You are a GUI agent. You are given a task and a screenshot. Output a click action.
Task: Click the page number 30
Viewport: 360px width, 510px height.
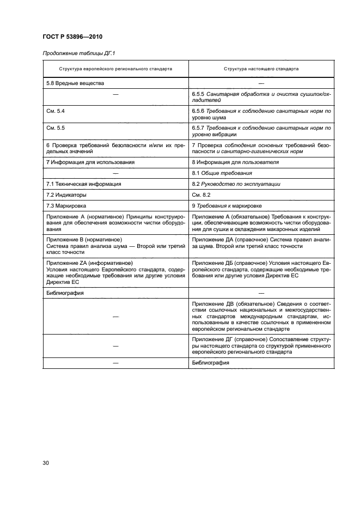[46, 463]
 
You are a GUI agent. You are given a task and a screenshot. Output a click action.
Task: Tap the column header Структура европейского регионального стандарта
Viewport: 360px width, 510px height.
[115, 69]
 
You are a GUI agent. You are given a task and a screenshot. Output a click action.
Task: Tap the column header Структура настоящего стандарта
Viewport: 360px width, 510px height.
[261, 69]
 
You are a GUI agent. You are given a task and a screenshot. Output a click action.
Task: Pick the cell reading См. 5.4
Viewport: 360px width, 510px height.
[56, 111]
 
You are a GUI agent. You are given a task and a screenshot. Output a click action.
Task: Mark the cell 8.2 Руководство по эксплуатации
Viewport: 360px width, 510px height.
[236, 184]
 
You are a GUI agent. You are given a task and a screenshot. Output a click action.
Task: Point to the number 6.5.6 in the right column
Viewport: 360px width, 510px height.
[199, 111]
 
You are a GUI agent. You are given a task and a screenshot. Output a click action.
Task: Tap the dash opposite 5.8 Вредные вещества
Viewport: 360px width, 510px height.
[261, 83]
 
